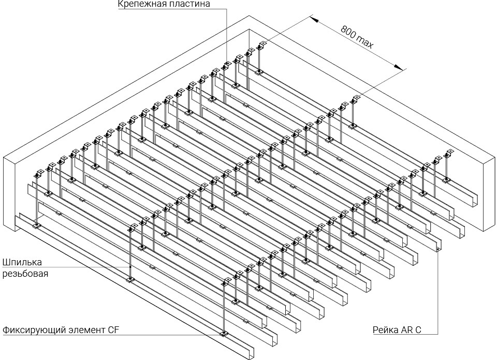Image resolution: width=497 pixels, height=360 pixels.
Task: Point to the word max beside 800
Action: coord(364,42)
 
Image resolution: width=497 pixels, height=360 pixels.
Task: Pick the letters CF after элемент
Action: coord(114,329)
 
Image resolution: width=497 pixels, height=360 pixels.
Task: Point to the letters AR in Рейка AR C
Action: coord(406,329)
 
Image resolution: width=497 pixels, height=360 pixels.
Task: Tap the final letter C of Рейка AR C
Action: coord(417,329)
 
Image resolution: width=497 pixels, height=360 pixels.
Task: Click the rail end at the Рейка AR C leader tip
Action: coord(438,250)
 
